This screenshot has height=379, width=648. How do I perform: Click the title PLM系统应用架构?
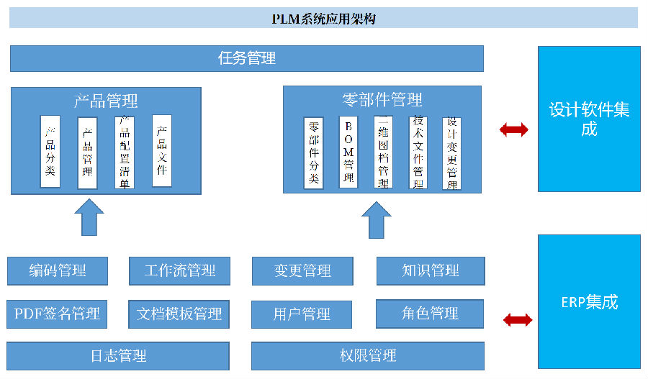[323, 18]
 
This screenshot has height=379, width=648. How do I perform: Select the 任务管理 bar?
[247, 58]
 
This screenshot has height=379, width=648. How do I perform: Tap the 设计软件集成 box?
[589, 119]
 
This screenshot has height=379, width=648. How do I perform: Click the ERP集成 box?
[589, 301]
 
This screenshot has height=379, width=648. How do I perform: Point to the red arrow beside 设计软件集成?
[514, 129]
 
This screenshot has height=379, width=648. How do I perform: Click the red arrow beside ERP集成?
[518, 319]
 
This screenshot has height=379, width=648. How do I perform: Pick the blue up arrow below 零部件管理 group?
[376, 219]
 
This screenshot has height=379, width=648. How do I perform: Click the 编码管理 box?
[58, 271]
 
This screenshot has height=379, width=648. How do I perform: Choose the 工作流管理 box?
[180, 271]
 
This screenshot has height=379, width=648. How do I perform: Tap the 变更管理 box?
[302, 271]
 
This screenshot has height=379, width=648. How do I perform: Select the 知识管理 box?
[431, 271]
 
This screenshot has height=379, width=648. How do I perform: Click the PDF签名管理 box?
[58, 314]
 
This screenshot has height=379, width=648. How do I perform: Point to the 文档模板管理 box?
[180, 314]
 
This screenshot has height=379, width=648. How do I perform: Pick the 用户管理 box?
[302, 314]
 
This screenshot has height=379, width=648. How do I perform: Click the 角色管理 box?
[431, 314]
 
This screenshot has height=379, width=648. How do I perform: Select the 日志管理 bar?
[119, 355]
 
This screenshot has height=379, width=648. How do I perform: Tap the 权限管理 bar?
[368, 355]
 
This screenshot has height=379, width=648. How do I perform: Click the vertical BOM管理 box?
[348, 152]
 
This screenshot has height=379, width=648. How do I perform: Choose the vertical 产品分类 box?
[50, 151]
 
